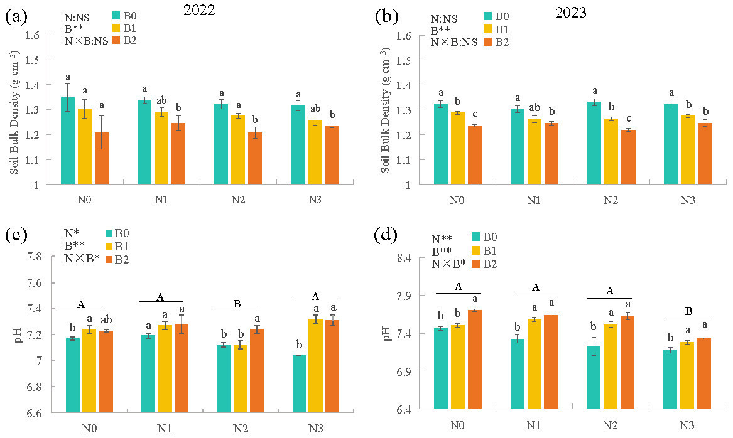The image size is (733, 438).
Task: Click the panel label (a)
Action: pos(16,17)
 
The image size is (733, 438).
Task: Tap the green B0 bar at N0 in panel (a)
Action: pos(68,141)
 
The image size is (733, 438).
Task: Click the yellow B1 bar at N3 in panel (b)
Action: pos(687,150)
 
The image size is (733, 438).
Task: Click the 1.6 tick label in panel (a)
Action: pos(33,35)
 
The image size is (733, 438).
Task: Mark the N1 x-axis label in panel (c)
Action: pos(164,429)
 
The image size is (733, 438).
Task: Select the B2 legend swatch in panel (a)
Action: pos(117,41)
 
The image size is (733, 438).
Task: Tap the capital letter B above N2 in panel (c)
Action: pos(236,304)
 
